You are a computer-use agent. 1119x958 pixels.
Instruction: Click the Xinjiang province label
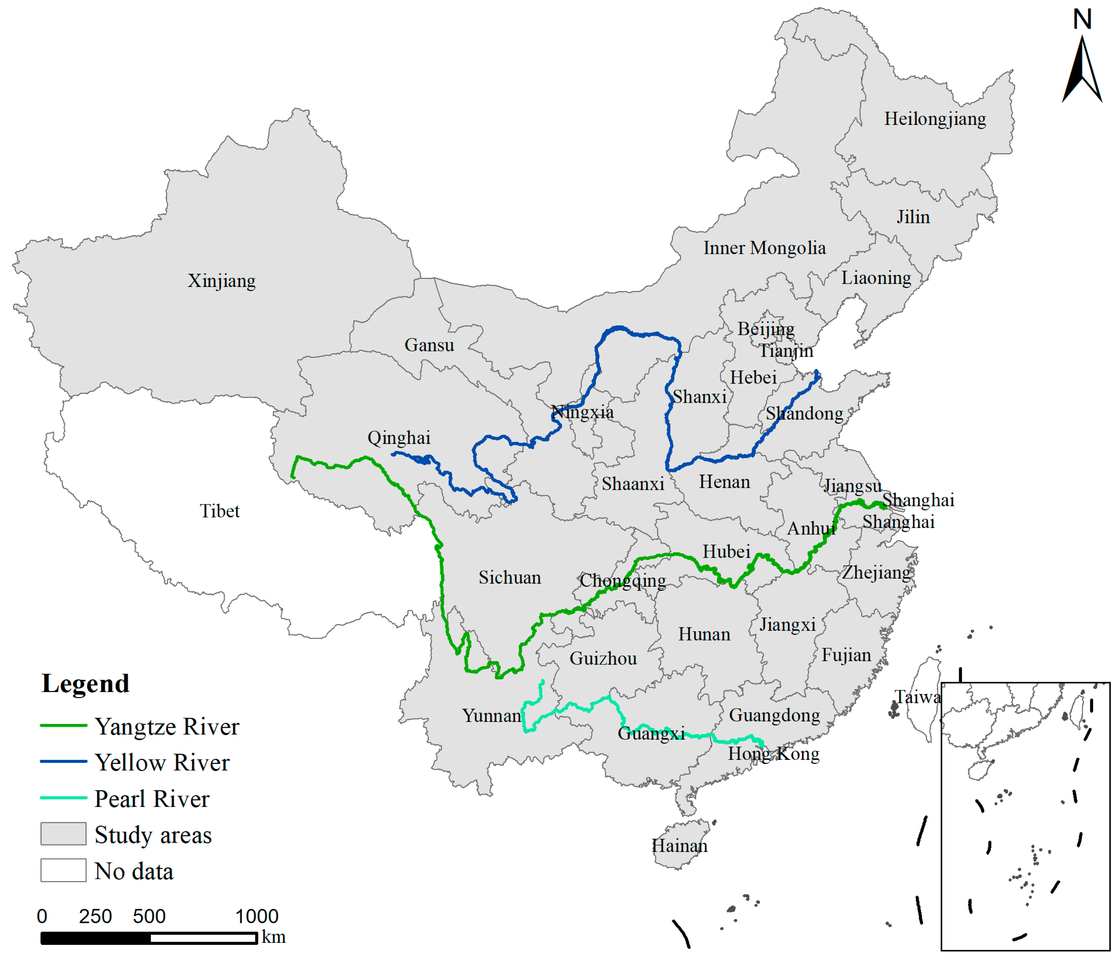(x=221, y=281)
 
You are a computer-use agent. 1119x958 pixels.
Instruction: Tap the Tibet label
(x=219, y=511)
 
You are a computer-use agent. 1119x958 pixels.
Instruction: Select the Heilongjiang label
(x=935, y=119)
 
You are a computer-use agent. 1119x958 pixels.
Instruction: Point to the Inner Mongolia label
(x=764, y=248)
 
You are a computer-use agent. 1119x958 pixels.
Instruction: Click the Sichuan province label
(x=509, y=578)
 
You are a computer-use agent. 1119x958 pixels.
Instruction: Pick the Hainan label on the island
(x=679, y=846)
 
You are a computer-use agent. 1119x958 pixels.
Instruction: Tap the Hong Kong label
(x=773, y=754)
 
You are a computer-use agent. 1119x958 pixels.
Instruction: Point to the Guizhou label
(x=603, y=659)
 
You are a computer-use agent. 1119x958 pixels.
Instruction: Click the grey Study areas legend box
(x=63, y=834)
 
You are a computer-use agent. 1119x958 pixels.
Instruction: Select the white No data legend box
(x=63, y=871)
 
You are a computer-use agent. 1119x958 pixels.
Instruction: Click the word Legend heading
(x=85, y=684)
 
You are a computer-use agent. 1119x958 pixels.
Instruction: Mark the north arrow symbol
(x=1082, y=68)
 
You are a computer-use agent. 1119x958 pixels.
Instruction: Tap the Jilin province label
(x=913, y=217)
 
